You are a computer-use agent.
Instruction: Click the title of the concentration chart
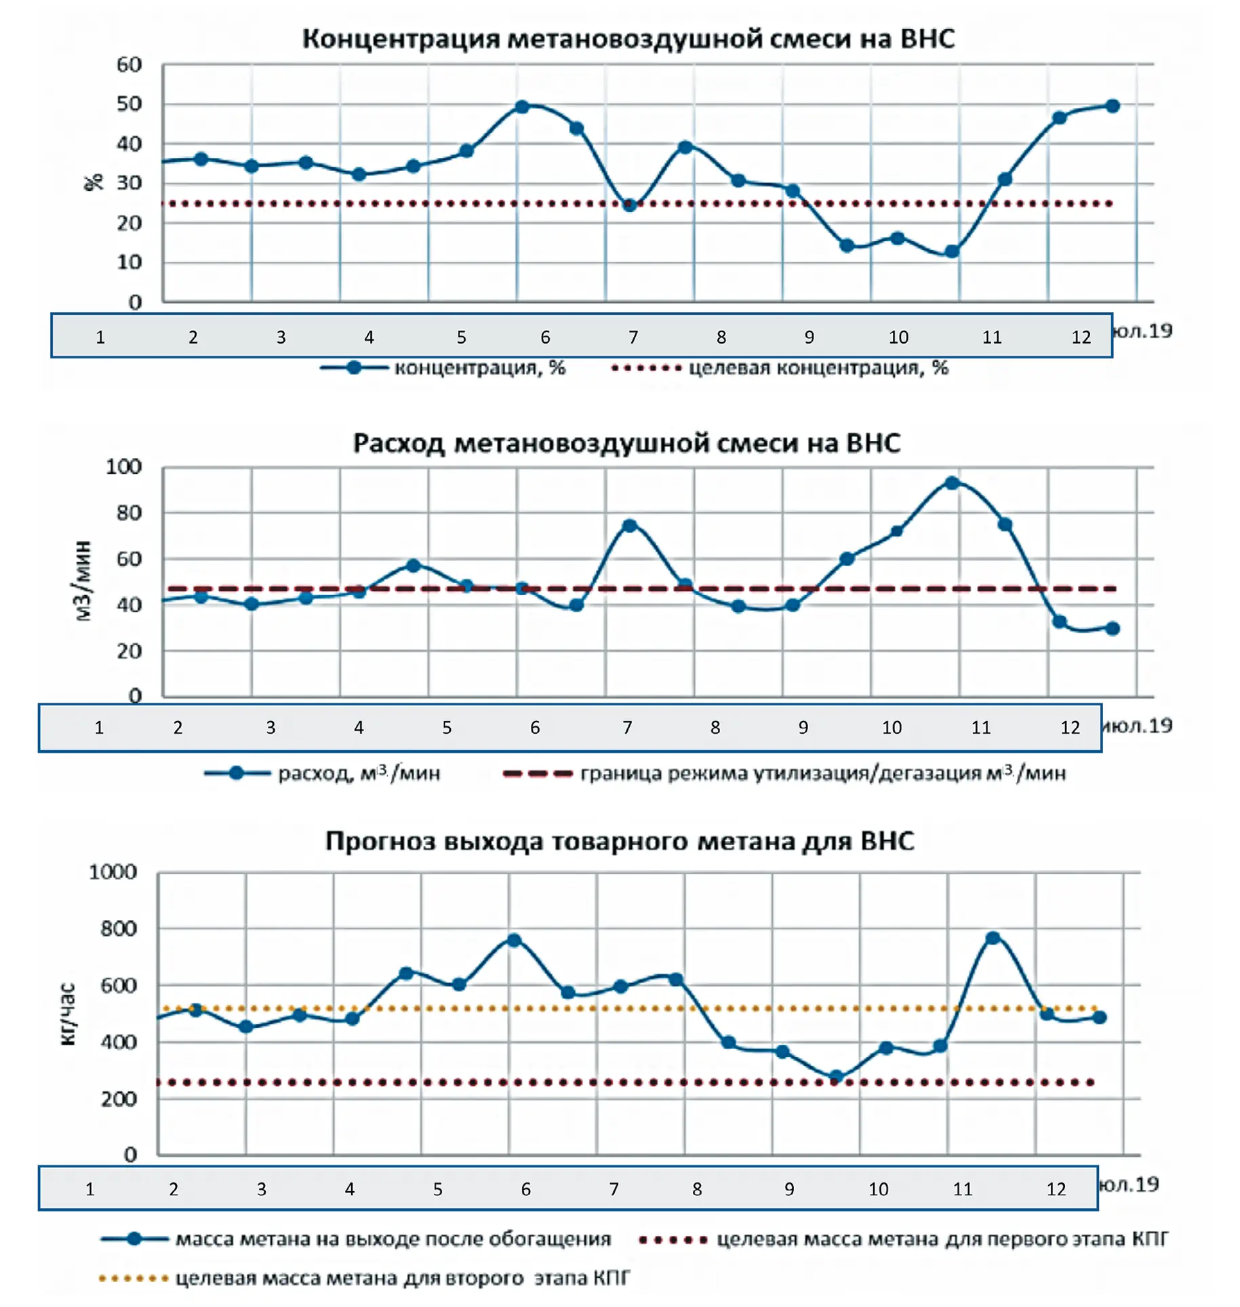(627, 39)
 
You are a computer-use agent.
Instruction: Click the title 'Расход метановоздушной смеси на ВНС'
(626, 443)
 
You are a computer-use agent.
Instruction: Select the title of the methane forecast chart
(619, 841)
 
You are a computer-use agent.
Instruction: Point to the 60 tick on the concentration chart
(129, 65)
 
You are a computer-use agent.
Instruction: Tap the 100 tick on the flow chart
(123, 467)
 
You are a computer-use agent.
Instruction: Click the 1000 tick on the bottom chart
(113, 872)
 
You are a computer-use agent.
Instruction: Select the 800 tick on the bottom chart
(119, 928)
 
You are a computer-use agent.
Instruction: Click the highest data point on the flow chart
(952, 483)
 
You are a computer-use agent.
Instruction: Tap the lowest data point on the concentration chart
(952, 251)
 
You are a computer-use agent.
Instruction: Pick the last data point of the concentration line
(1113, 106)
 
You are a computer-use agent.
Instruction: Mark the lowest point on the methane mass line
(836, 1077)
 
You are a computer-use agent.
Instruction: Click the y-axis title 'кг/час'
(67, 1014)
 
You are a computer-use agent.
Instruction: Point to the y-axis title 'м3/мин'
(82, 581)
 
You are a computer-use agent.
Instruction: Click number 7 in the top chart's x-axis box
(633, 337)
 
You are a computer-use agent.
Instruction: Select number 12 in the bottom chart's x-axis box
(1056, 1189)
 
